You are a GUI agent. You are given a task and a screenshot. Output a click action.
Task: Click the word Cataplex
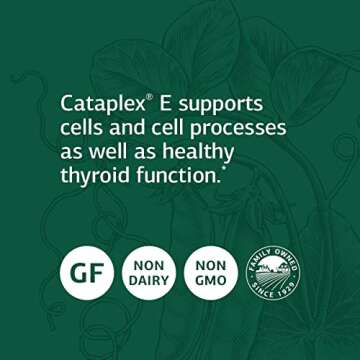tap(103, 104)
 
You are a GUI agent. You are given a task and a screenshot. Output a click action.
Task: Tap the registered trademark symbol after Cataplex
tap(150, 97)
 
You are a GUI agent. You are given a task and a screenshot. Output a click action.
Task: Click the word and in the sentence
tap(123, 128)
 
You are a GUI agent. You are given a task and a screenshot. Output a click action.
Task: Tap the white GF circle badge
tap(86, 272)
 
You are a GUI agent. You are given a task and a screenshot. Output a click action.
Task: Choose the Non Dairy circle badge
tap(148, 272)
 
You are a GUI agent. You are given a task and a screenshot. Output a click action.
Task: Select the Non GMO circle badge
tap(210, 272)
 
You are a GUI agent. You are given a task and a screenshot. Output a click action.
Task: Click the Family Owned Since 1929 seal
tap(272, 272)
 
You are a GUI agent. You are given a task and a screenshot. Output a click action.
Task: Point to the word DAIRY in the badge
tap(148, 281)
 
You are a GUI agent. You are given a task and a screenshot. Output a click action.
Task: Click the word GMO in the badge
tap(210, 281)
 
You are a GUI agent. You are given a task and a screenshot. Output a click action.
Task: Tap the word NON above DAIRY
tap(148, 263)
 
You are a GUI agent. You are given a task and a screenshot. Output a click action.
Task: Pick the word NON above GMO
tap(210, 263)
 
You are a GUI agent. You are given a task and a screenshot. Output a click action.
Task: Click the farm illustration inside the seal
tap(272, 270)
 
